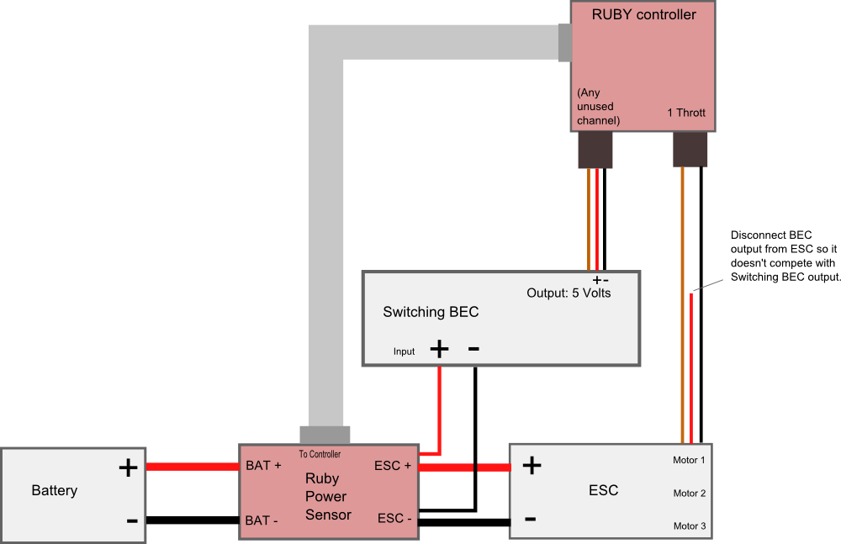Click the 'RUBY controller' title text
point(643,14)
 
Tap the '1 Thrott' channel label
point(686,113)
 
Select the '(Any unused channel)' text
point(598,107)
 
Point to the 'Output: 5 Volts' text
point(569,293)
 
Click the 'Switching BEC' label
point(431,312)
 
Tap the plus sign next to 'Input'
point(439,348)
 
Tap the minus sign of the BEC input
point(473,348)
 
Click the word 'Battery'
point(55,490)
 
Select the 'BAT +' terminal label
point(263,466)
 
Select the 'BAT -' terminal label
point(262,520)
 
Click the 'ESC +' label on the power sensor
point(393,466)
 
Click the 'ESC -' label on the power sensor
point(394,519)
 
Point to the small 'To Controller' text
point(320,454)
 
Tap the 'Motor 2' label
point(689,494)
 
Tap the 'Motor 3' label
point(689,526)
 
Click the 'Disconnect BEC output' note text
point(785,256)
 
